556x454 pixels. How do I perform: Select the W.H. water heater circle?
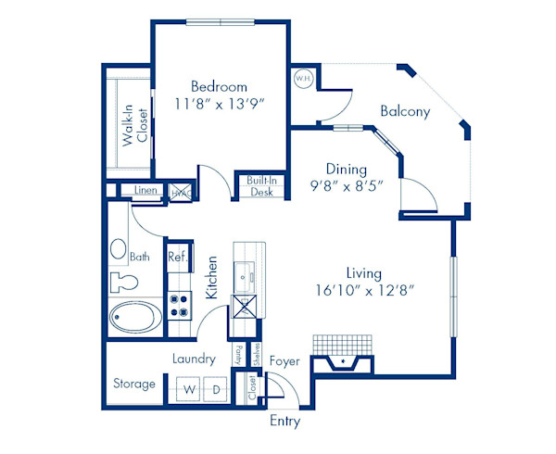(x=302, y=79)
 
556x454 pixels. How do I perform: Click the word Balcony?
(x=405, y=112)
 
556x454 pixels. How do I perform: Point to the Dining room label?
(x=346, y=170)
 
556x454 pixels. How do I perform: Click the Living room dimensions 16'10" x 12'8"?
(x=363, y=290)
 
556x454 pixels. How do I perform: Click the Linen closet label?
(x=145, y=191)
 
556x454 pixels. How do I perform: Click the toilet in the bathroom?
(x=123, y=281)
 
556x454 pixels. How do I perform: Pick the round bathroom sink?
(x=119, y=248)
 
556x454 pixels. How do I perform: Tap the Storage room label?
(x=134, y=384)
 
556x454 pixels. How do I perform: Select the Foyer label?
(x=284, y=360)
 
